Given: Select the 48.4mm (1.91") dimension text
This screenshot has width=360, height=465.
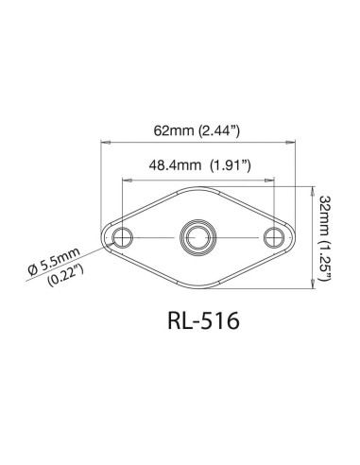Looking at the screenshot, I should [197, 164].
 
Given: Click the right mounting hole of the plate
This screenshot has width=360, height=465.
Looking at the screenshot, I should [275, 235].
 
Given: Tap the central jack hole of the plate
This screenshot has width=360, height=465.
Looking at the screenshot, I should [197, 235].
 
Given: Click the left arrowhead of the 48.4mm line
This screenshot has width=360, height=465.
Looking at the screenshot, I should [123, 177].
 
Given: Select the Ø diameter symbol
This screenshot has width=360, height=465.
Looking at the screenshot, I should [34, 268].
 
